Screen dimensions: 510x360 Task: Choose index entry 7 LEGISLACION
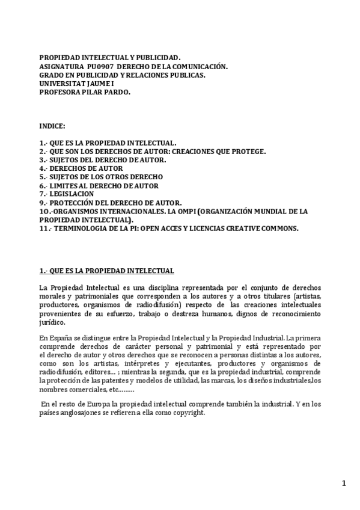pyautogui.click(x=72, y=194)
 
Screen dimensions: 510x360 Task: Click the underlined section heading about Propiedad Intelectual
pyautogui.click(x=106, y=271)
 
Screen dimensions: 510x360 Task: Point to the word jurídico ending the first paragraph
pyautogui.click(x=52, y=322)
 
